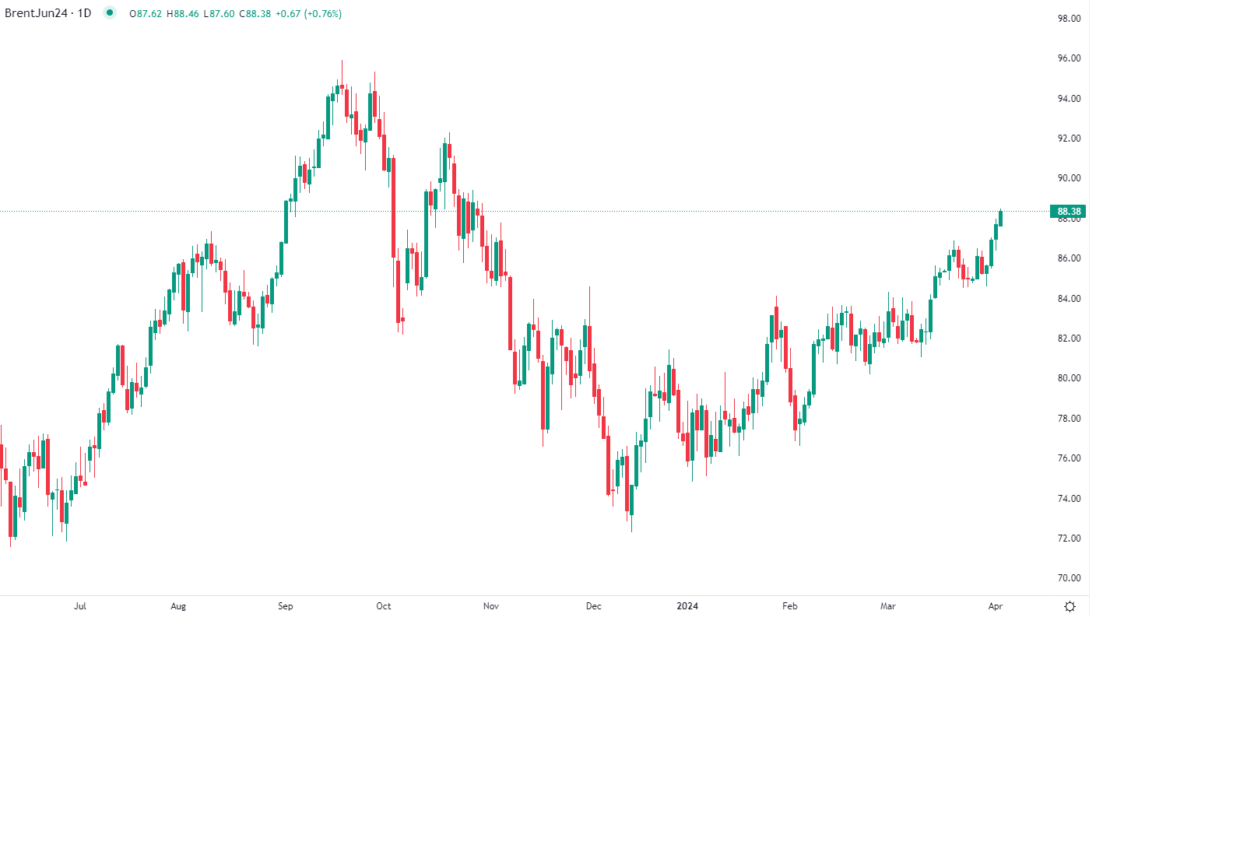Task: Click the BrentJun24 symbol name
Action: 36,13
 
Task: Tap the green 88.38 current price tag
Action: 1068,212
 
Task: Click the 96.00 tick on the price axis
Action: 1069,58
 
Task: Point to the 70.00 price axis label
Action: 1069,578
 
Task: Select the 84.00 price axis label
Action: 1069,299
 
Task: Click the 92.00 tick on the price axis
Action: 1069,139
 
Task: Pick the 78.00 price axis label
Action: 1069,419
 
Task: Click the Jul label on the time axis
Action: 80,606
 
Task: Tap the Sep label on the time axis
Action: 286,606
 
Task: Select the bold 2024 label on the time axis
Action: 687,606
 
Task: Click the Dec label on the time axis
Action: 594,606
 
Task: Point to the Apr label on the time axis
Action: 996,606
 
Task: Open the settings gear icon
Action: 1070,607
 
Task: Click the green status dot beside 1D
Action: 110,12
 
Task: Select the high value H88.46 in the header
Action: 182,14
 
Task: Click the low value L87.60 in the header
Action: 219,14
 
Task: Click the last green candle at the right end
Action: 1000,219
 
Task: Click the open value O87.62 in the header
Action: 146,14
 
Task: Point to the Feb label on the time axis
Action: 790,606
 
